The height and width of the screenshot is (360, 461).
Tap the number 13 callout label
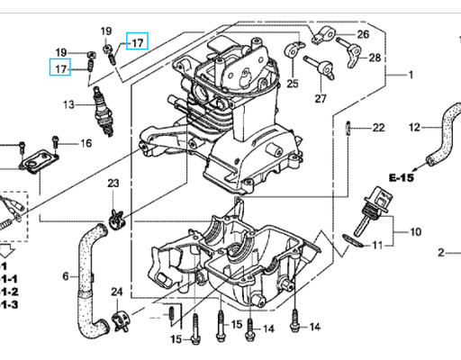pyautogui.click(x=68, y=105)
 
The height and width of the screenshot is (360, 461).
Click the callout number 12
pyautogui.click(x=415, y=128)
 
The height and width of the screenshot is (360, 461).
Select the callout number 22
pyautogui.click(x=378, y=127)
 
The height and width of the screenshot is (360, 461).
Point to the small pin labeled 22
pyautogui.click(x=348, y=127)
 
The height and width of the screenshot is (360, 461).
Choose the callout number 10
pyautogui.click(x=415, y=232)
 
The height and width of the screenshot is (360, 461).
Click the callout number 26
pyautogui.click(x=363, y=34)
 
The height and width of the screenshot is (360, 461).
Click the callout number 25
pyautogui.click(x=292, y=84)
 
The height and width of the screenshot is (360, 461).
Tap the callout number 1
pyautogui.click(x=410, y=74)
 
